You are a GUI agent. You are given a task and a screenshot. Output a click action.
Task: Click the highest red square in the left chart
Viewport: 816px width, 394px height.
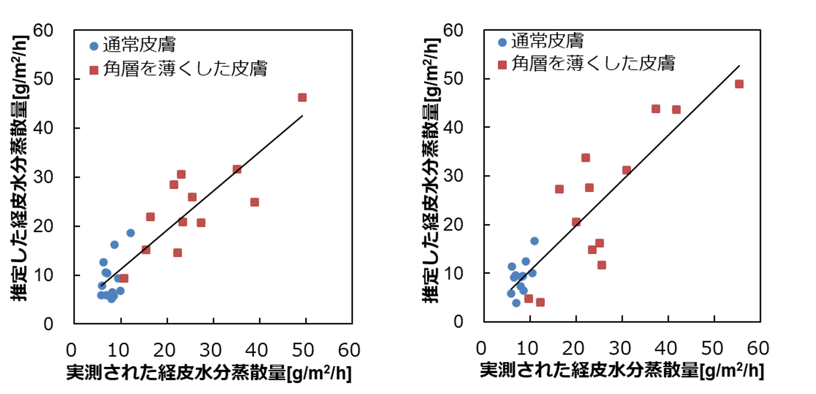[302, 97]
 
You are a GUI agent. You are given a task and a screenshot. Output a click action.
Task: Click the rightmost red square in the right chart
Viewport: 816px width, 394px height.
[739, 84]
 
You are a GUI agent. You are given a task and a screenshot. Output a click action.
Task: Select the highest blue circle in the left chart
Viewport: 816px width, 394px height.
[130, 233]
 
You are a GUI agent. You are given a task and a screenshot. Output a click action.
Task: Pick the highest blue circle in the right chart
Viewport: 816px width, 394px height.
[534, 241]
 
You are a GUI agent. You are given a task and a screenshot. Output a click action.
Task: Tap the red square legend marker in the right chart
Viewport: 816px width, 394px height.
[502, 65]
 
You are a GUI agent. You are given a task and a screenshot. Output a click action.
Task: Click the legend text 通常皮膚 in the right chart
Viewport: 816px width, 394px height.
[547, 41]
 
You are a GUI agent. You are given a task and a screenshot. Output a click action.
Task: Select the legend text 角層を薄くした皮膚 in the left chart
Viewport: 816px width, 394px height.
[185, 69]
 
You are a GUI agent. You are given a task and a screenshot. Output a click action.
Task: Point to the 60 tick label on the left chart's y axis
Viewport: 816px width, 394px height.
[43, 31]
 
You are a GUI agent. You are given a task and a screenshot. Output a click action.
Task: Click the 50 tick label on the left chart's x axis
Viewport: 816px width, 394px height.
[303, 350]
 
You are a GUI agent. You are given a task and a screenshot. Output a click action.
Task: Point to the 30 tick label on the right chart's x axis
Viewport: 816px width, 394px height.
[620, 348]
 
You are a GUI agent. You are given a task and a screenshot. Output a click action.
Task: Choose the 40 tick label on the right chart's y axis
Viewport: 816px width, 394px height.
[453, 128]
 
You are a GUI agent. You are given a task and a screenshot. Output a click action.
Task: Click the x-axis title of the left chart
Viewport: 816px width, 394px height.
[209, 373]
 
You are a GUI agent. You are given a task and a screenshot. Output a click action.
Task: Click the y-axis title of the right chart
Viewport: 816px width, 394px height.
[431, 171]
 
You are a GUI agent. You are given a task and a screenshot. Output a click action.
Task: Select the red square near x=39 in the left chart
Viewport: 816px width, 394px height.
[254, 202]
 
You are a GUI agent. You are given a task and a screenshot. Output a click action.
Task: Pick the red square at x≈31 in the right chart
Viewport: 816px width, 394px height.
[626, 170]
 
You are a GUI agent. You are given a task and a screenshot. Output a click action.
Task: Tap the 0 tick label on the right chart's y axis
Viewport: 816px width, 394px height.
[458, 322]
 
